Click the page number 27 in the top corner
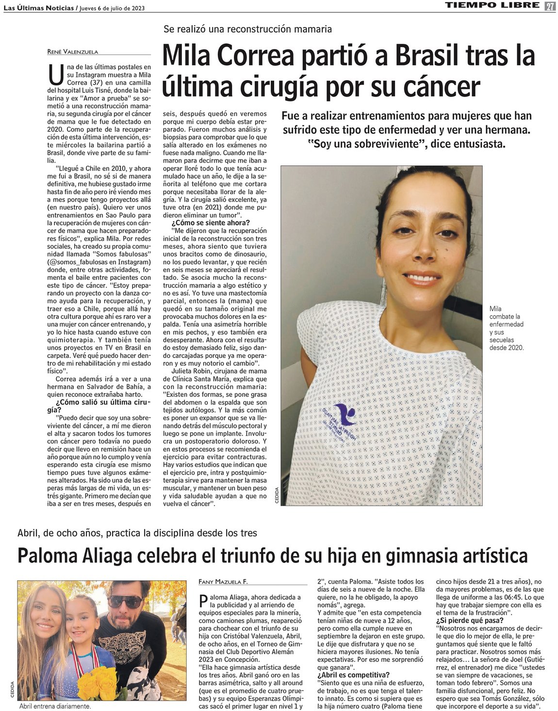550,6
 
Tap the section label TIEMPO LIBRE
492,5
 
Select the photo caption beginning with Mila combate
506,328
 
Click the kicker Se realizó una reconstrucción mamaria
247,29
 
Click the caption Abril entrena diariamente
55,707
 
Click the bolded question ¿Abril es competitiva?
353,675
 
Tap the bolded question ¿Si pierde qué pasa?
469,620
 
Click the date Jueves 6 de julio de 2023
112,8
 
